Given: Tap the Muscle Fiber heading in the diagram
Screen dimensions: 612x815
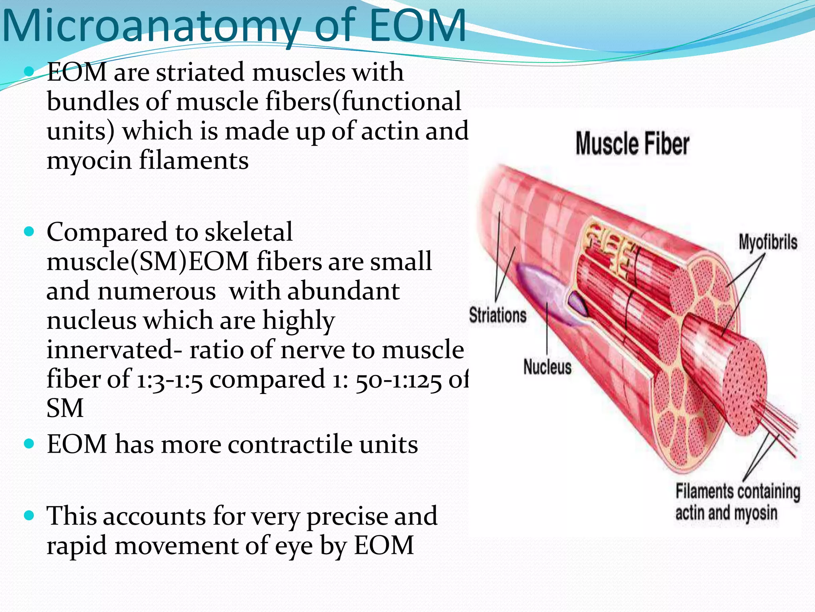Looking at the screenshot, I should (632, 144).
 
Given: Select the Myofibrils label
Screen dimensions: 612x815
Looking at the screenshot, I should (768, 242).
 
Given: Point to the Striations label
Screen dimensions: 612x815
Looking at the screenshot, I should (498, 315).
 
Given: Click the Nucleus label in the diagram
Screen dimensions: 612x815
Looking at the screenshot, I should (547, 367).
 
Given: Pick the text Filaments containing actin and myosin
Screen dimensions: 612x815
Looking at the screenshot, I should (737, 502).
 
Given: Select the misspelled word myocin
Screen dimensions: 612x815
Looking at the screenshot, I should (89, 161).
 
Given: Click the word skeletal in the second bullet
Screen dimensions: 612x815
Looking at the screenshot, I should (249, 233).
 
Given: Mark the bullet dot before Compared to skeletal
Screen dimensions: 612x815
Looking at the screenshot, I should (29, 232).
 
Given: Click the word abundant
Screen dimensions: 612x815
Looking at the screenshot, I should (343, 291).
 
